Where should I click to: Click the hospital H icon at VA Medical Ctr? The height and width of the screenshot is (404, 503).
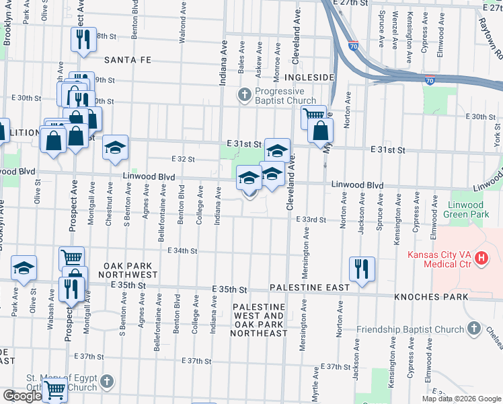pyautogui.click(x=481, y=257)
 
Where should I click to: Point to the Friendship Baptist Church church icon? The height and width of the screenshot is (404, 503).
pyautogui.click(x=475, y=328)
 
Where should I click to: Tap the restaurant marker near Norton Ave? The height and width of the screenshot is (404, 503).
pyautogui.click(x=362, y=269)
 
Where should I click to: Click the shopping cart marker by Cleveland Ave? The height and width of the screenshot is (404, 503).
pyautogui.click(x=313, y=116)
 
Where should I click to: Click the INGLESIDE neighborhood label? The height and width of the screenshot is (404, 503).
pyautogui.click(x=309, y=78)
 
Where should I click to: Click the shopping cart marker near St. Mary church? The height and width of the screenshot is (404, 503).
pyautogui.click(x=54, y=389)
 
